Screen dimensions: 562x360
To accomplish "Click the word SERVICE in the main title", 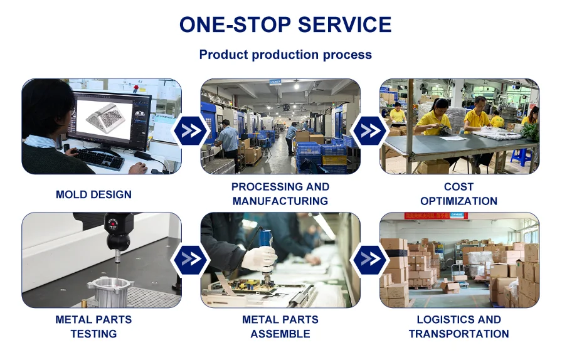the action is pyautogui.click(x=344, y=24).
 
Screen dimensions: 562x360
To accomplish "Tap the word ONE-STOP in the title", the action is pyautogui.click(x=235, y=24).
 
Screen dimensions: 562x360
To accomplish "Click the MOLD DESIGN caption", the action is pyautogui.click(x=94, y=194).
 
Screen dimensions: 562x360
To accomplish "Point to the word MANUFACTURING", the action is pyautogui.click(x=280, y=201).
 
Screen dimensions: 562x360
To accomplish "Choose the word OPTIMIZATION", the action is pyautogui.click(x=459, y=201).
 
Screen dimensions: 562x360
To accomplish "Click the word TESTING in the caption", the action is pyautogui.click(x=94, y=334).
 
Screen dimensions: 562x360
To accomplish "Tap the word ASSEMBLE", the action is pyautogui.click(x=280, y=334).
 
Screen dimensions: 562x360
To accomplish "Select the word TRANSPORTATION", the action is pyautogui.click(x=459, y=334).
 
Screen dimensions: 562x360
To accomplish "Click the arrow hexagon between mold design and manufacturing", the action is pyautogui.click(x=191, y=131).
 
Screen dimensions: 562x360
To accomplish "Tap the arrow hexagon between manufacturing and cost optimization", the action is pyautogui.click(x=370, y=131).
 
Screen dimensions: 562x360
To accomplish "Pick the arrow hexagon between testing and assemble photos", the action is pyautogui.click(x=191, y=259).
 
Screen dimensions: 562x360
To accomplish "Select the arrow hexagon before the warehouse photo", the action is pyautogui.click(x=370, y=259).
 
